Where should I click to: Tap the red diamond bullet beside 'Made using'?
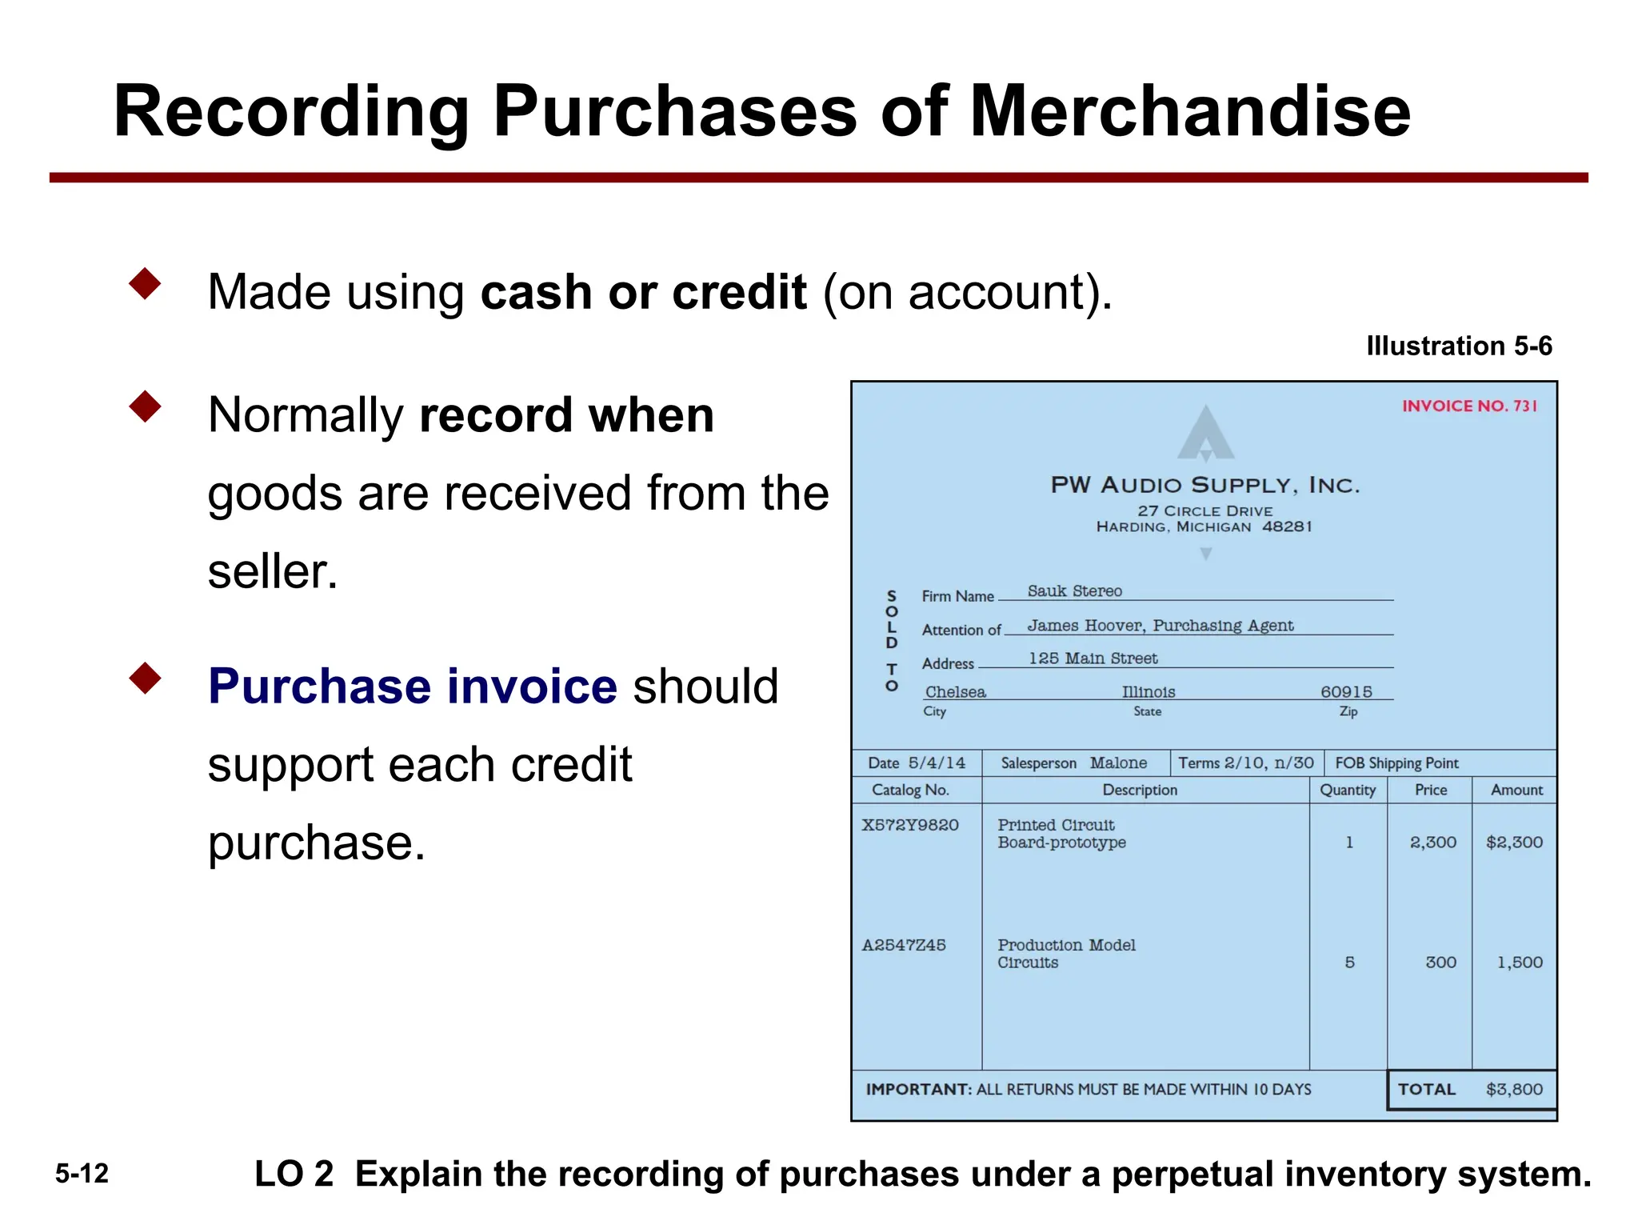pyautogui.click(x=145, y=284)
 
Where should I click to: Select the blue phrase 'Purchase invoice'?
pyautogui.click(x=412, y=687)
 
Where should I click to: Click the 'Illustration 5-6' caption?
pyautogui.click(x=1459, y=346)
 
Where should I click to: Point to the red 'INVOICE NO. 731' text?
pyautogui.click(x=1468, y=406)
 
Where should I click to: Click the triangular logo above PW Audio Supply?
pyautogui.click(x=1205, y=433)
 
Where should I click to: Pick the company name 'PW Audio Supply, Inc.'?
pyautogui.click(x=1205, y=485)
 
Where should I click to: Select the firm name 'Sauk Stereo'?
pyautogui.click(x=1074, y=591)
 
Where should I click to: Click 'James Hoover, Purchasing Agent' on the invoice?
pyautogui.click(x=1160, y=626)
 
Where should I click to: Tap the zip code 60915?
pyautogui.click(x=1346, y=692)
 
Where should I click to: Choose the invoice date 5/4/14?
pyautogui.click(x=937, y=763)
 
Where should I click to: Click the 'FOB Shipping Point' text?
pyautogui.click(x=1396, y=763)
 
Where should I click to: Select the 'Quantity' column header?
pyautogui.click(x=1348, y=791)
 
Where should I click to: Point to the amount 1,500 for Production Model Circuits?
pyautogui.click(x=1520, y=963)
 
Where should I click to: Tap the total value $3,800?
pyautogui.click(x=1514, y=1090)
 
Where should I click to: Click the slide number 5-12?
pyautogui.click(x=82, y=1174)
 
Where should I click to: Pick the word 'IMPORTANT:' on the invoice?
pyautogui.click(x=919, y=1090)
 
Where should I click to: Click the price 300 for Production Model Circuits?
pyautogui.click(x=1440, y=963)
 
